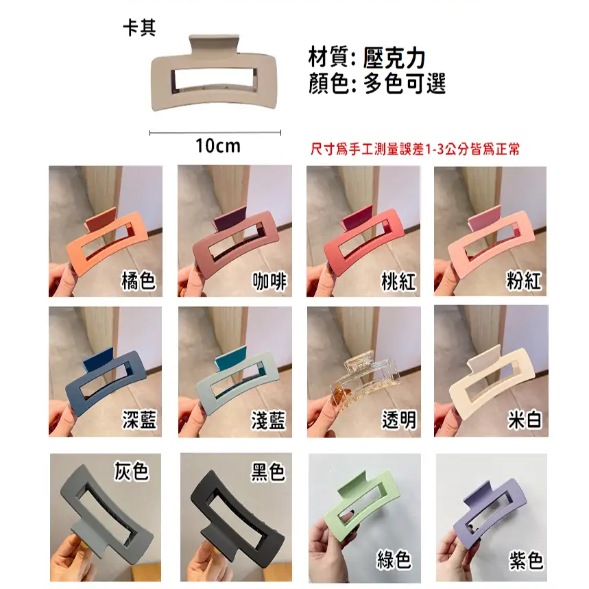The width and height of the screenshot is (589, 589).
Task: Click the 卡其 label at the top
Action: click(x=139, y=29)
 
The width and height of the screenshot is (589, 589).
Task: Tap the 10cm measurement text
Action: click(x=217, y=145)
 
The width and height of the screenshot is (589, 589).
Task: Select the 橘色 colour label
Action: click(x=138, y=281)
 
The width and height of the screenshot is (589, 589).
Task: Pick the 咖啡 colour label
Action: click(x=269, y=281)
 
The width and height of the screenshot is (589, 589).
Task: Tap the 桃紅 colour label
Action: click(x=398, y=281)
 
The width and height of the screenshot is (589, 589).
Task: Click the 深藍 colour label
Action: click(x=139, y=420)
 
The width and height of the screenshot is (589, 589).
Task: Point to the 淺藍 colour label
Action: click(x=269, y=420)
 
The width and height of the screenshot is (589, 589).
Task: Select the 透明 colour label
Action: click(x=398, y=420)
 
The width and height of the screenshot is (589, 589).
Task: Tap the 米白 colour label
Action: click(x=525, y=420)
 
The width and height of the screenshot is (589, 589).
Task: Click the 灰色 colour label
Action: click(x=132, y=471)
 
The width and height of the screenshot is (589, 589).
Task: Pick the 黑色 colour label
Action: click(x=268, y=471)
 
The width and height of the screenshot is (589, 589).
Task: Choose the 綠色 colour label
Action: click(x=394, y=560)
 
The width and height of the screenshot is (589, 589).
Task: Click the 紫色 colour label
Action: click(x=526, y=560)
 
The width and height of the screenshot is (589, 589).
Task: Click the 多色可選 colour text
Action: click(x=405, y=84)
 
